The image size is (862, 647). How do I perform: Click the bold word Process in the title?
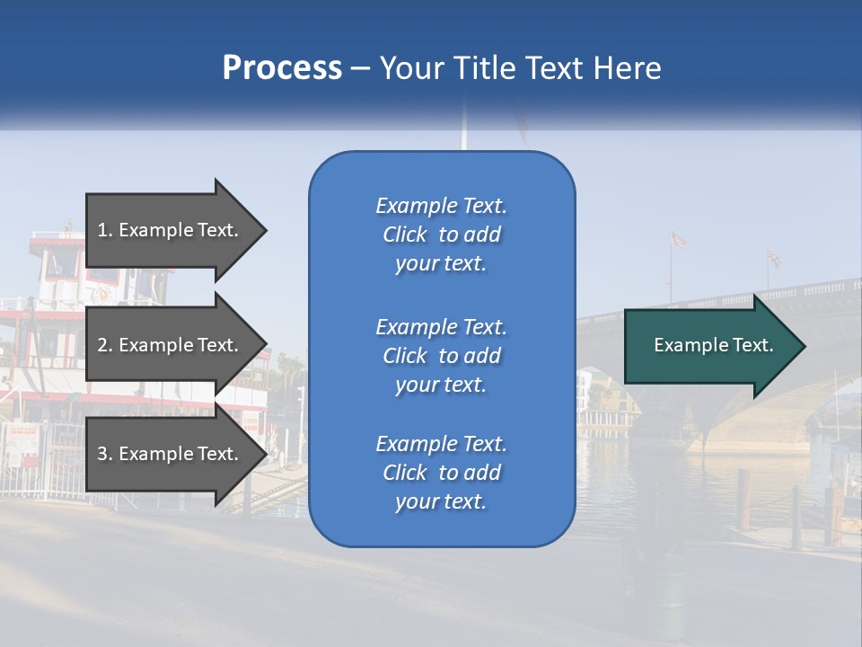pos(282,68)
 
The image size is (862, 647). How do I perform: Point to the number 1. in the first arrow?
pos(105,230)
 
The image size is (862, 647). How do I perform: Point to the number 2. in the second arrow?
pos(105,345)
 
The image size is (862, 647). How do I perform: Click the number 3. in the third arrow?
pos(105,454)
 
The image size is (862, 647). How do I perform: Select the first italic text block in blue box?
pos(441,235)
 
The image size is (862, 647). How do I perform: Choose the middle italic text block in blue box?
pos(441,356)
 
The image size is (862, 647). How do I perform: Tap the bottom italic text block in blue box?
pos(441,473)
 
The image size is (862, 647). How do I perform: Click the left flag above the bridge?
pos(679,240)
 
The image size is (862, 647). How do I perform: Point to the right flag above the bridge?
pos(773,258)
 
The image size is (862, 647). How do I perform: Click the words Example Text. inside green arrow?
pos(713,345)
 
